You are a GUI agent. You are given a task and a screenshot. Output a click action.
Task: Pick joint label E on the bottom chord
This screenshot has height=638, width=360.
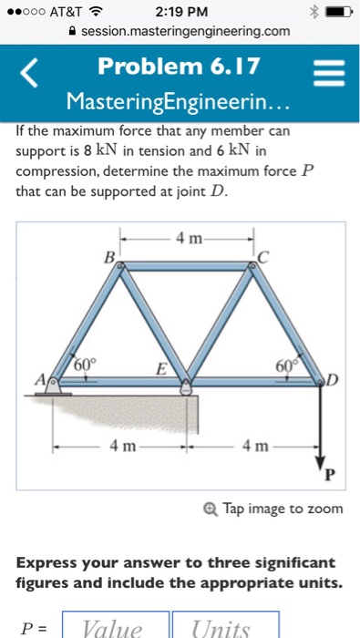coord(159,369)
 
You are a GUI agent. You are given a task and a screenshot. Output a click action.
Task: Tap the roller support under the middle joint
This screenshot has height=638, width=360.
coord(186,387)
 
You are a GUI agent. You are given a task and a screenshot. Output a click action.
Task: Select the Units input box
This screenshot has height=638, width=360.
coord(224,627)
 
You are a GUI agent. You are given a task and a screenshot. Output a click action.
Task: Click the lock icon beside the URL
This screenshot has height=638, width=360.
coord(72,31)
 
